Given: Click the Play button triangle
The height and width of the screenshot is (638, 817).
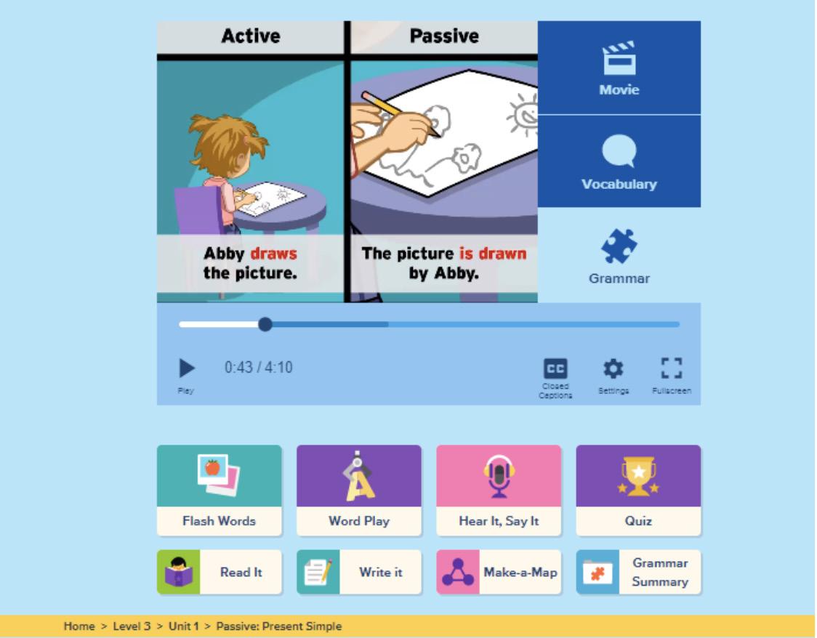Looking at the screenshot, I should coord(187,368).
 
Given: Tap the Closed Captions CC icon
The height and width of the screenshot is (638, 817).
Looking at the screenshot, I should coord(556,368).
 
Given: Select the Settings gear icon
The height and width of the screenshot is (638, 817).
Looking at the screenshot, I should coord(614,368).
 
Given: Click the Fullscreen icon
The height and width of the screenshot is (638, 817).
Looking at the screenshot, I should coord(672,368).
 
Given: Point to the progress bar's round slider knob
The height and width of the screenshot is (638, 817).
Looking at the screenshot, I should coord(265,324).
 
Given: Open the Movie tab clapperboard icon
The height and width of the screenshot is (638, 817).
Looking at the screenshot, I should coord(619,58).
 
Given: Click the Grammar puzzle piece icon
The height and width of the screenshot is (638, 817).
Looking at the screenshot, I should coord(619,246).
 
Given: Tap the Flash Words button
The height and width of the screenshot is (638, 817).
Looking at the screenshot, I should coord(219,490).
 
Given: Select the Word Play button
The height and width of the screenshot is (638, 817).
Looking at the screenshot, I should coord(358,490).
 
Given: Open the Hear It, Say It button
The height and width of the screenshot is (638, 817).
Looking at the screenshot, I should coord(499,490).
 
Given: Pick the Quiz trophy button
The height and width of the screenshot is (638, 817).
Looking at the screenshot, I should coord(638,490).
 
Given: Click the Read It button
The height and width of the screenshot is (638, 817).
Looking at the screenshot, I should coord(219,573).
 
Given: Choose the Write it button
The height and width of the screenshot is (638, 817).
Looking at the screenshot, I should coord(358,573).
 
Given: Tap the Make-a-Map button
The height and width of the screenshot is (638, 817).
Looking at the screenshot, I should coord(499,573).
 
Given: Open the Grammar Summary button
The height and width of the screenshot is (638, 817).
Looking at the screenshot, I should coord(638,573).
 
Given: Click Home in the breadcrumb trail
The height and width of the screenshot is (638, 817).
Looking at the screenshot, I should coord(79,626).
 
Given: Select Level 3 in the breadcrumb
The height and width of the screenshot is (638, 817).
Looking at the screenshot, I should coord(131,626).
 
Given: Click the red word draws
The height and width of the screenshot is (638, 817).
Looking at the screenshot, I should coord(273,254).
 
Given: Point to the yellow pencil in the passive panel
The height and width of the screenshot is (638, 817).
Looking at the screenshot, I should coord(399,113).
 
